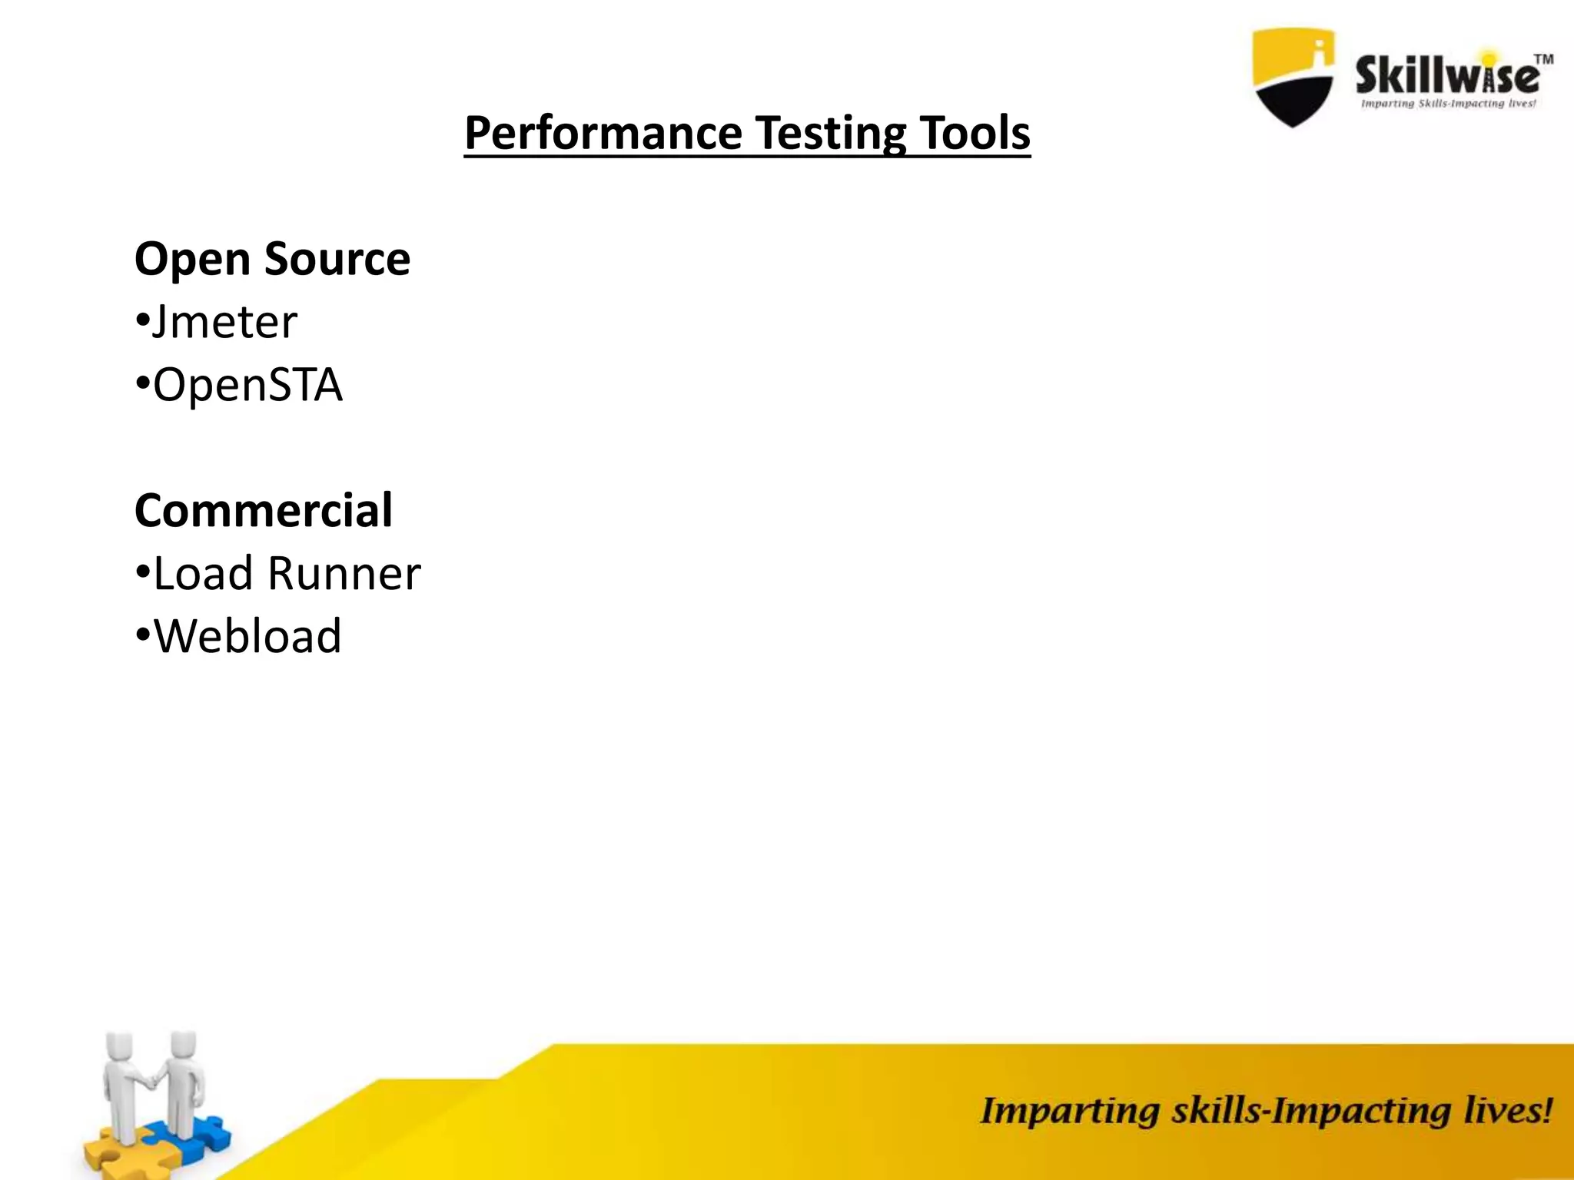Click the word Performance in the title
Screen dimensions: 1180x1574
(x=603, y=134)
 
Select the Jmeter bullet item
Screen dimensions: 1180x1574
(x=223, y=322)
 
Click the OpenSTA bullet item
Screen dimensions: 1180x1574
(x=247, y=385)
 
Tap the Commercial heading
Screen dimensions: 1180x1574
(x=264, y=510)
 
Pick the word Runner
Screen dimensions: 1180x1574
(x=344, y=573)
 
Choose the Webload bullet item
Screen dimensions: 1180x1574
(x=247, y=636)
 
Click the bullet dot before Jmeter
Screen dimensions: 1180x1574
(x=141, y=322)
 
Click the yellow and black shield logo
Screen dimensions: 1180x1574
(x=1293, y=77)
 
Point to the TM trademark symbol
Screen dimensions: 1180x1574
(x=1542, y=60)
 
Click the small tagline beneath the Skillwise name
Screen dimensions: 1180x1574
(x=1448, y=104)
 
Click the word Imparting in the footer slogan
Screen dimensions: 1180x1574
(x=1068, y=1112)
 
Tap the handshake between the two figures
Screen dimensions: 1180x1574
(x=153, y=1080)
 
